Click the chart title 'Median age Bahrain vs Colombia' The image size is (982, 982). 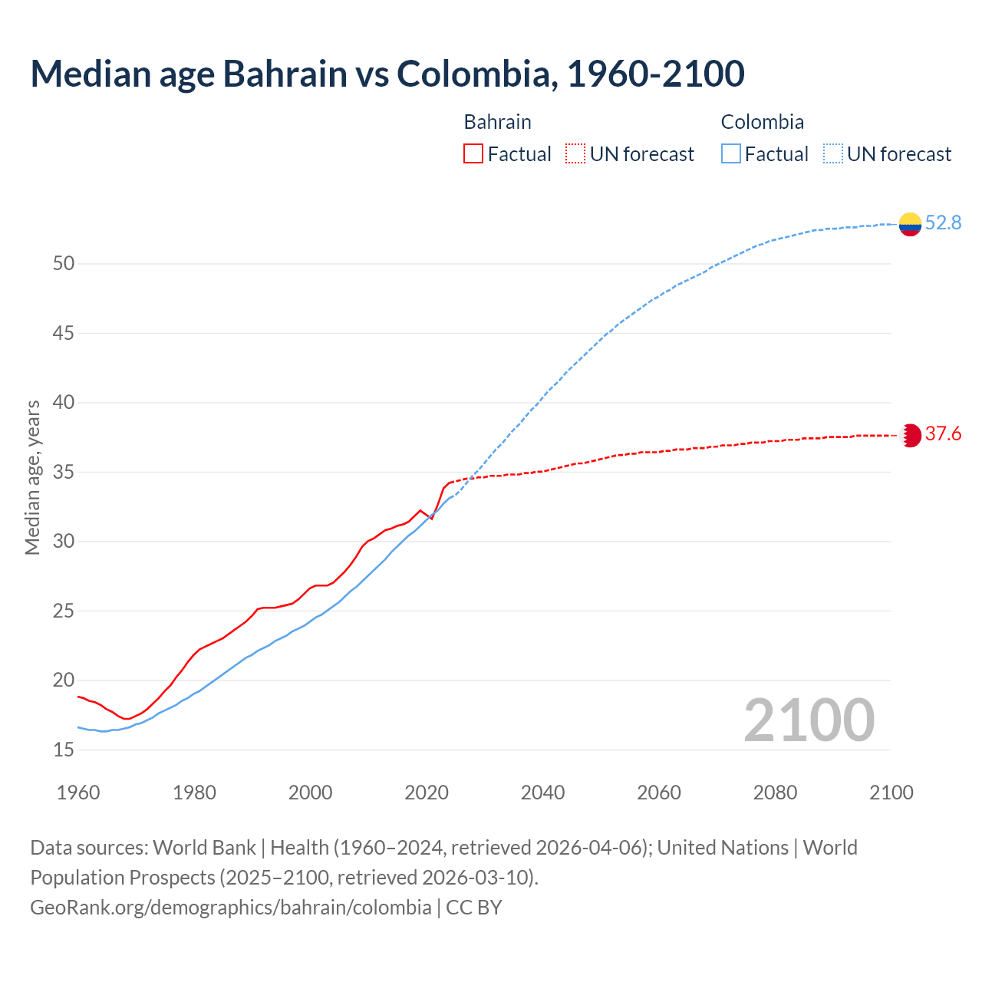pos(387,74)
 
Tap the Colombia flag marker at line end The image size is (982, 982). pos(910,224)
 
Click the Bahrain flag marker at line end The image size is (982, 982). pos(910,435)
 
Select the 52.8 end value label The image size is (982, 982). pos(943,223)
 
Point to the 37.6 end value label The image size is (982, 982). pos(943,434)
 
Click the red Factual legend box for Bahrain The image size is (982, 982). pos(473,154)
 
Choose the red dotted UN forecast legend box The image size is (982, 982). pos(575,154)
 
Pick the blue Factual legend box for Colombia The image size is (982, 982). pos(731,154)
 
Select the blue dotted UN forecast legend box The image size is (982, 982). pos(833,154)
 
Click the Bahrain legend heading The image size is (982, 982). pos(497,122)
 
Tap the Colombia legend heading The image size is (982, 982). pos(762,122)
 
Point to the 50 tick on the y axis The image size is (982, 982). pos(64,264)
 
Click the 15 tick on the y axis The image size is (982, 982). pos(64,750)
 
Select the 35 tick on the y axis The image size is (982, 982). pos(64,472)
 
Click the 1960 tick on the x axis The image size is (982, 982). pos(78,793)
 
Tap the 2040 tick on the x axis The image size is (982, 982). pos(542,793)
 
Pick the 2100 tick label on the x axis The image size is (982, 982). pos(891,793)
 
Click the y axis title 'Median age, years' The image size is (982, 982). pos(32,477)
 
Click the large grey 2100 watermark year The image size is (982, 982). pos(809,720)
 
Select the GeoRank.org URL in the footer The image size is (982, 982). pos(230,908)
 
